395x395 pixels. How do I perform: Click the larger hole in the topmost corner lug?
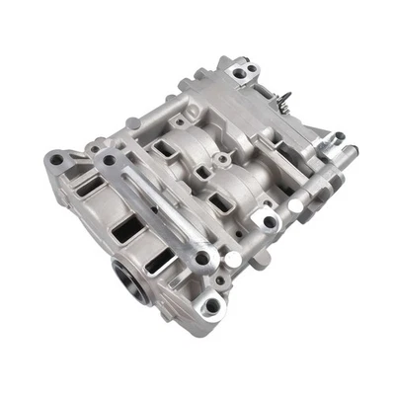tap(237, 74)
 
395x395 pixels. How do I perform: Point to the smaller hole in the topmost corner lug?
tap(251, 69)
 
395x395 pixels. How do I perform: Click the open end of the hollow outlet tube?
tap(344, 150)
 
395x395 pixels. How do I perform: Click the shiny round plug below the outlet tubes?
tap(298, 203)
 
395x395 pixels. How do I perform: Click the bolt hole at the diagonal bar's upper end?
tap(108, 159)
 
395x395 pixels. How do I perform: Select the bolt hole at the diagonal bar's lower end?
tap(202, 259)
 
